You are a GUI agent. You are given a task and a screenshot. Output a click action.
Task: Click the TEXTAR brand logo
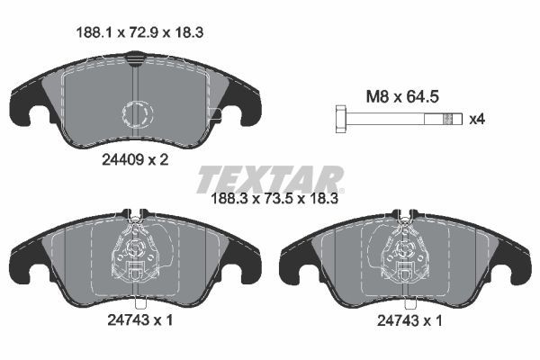point(269,178)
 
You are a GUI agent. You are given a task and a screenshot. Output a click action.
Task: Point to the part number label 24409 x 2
point(130,158)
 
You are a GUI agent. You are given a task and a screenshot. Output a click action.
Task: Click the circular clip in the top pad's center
point(137,113)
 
